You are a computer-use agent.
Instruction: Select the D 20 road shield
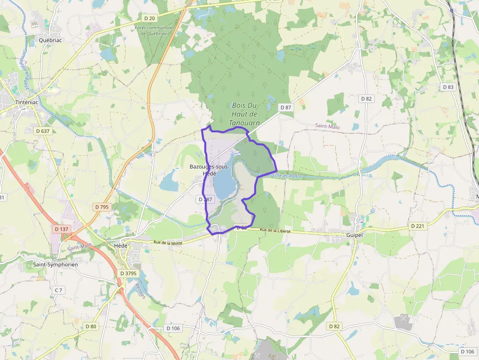coord(150,19)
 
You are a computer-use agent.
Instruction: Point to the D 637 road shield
coord(44,130)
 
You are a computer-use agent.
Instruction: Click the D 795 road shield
coord(102,207)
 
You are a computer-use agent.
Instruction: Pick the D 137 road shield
coord(62,229)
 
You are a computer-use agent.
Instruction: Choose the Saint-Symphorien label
coord(55,264)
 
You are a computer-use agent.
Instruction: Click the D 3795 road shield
coord(128,273)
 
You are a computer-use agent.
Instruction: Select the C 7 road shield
coord(59,290)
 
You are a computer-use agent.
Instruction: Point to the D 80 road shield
coord(91,326)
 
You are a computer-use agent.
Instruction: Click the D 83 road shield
coord(448,87)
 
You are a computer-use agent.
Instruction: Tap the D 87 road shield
coord(285,107)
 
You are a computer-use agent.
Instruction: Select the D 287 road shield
coord(206,199)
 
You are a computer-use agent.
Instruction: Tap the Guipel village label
coord(355,235)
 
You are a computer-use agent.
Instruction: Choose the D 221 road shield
coord(417,226)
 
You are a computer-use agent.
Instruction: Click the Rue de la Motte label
coord(168,242)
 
